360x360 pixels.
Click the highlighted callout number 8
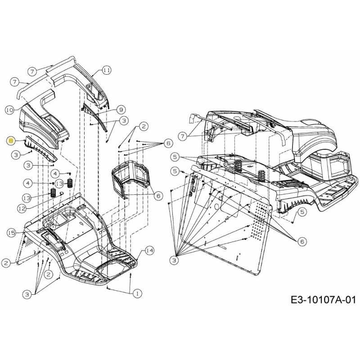pyautogui.click(x=10, y=141)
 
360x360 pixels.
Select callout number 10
pyautogui.click(x=10, y=109)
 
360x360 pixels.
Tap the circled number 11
pyautogui.click(x=106, y=70)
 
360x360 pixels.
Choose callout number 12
pyautogui.click(x=22, y=208)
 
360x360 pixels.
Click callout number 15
pyautogui.click(x=11, y=233)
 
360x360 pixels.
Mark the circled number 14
pyautogui.click(x=149, y=251)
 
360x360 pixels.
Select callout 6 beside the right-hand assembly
pyautogui.click(x=301, y=242)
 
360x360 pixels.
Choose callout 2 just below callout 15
pyautogui.click(x=6, y=262)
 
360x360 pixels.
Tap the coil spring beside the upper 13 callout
pyautogui.click(x=71, y=183)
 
